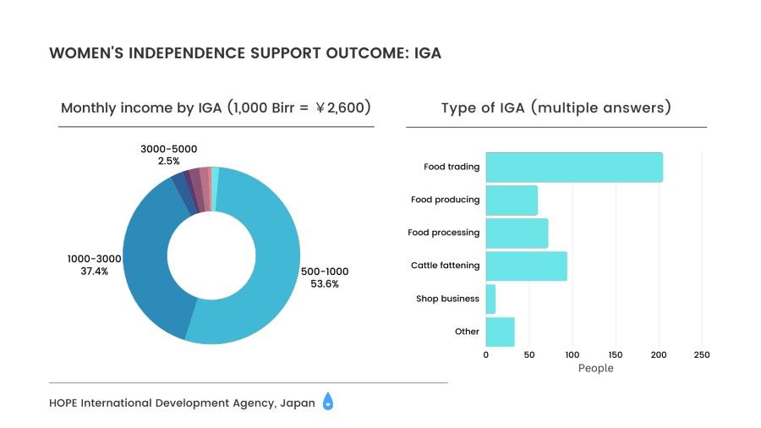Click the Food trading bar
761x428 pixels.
(x=574, y=167)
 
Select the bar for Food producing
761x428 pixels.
(x=512, y=200)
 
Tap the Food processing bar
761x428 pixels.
(x=517, y=233)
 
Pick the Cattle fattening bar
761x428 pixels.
(x=526, y=266)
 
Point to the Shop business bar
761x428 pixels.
(x=490, y=299)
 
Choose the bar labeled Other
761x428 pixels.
(x=500, y=332)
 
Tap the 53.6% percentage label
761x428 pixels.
(x=325, y=284)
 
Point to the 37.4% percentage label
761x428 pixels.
(x=94, y=272)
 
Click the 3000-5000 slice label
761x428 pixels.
(x=168, y=149)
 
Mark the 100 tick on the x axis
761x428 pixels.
(x=572, y=354)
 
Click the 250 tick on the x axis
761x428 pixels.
(x=701, y=354)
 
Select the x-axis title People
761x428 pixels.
(x=595, y=368)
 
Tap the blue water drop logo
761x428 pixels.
(x=328, y=403)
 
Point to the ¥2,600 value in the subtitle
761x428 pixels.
(x=342, y=108)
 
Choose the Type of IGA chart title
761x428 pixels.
(x=556, y=108)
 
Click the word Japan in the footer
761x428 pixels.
(x=296, y=403)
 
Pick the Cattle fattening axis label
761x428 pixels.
(x=445, y=266)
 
